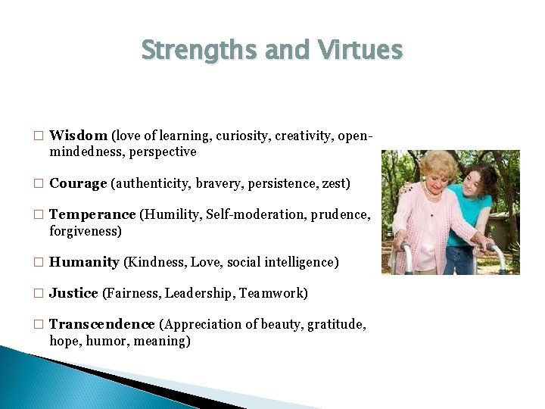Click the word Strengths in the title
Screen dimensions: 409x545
189,50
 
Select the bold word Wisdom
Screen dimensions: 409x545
78,136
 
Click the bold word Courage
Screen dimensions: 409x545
78,183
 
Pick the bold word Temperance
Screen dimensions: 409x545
92,214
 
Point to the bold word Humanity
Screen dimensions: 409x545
84,262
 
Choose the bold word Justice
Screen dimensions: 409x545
73,293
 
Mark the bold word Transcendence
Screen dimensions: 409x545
102,324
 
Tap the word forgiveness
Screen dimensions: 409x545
85,231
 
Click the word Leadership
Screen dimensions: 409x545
198,293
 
